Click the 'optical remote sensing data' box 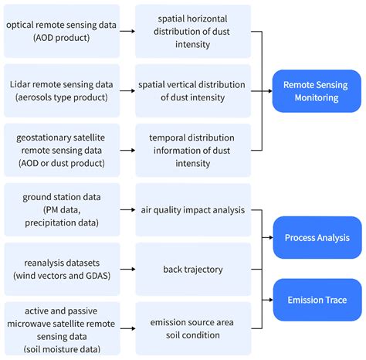click(x=62, y=30)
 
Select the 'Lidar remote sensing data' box click(x=62, y=90)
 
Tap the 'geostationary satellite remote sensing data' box click(x=62, y=149)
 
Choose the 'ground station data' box click(x=62, y=209)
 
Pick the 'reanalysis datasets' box click(x=62, y=269)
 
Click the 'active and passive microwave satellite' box click(x=62, y=328)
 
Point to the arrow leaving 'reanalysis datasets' click(x=127, y=269)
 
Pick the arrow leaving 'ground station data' click(x=127, y=209)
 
